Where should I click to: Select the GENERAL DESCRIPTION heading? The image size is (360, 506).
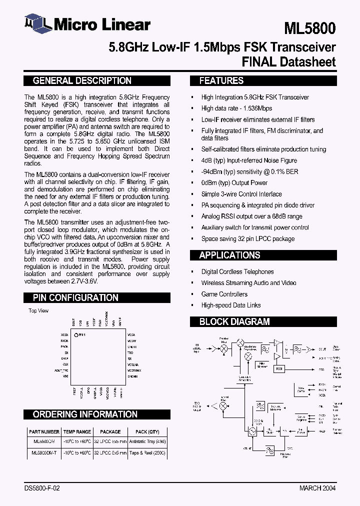tap(82, 80)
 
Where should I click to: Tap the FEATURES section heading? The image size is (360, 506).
tap(221, 80)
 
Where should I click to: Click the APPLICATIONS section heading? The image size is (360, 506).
tap(229, 255)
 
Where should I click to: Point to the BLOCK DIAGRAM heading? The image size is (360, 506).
tap(234, 321)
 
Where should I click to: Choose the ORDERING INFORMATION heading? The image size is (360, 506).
tap(85, 414)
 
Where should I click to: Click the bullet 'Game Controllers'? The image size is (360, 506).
tap(224, 294)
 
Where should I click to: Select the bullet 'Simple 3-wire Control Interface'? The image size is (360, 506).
tap(241, 194)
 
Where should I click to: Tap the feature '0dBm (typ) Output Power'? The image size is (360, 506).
tap(234, 183)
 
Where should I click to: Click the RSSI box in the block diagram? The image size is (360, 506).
tap(278, 368)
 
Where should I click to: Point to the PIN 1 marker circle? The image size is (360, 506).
tap(75, 334)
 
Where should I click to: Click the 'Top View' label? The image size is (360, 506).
tap(38, 311)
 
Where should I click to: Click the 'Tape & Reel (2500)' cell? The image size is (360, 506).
tap(148, 452)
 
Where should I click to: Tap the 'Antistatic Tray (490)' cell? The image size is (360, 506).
tap(148, 442)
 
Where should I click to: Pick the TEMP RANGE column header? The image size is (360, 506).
tap(77, 431)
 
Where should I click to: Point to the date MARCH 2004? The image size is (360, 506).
tap(317, 488)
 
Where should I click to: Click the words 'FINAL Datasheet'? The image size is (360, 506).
tap(288, 62)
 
